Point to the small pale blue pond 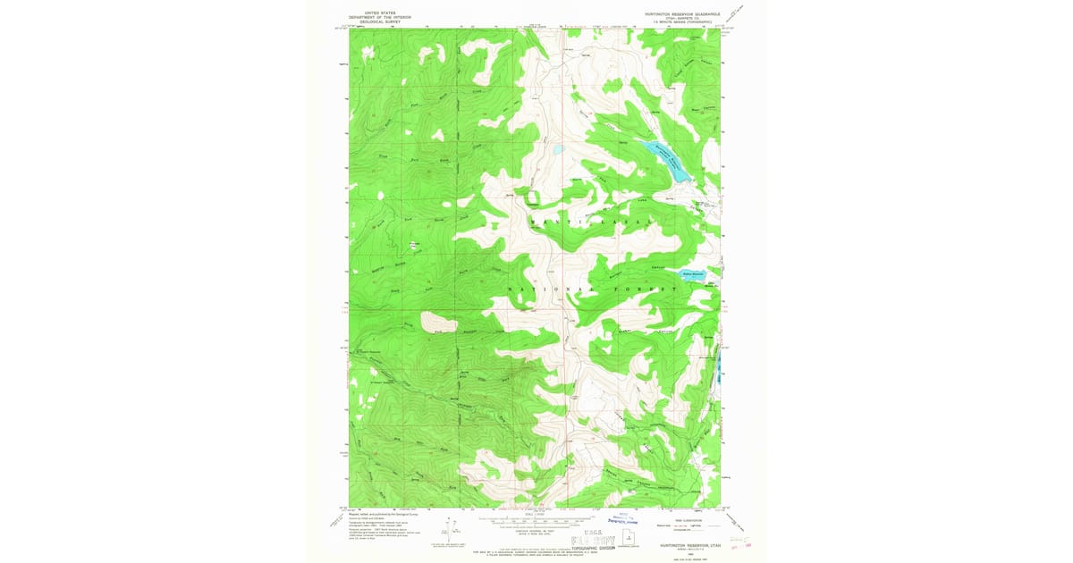(x=557, y=150)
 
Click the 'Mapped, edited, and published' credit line (x=380, y=512)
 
